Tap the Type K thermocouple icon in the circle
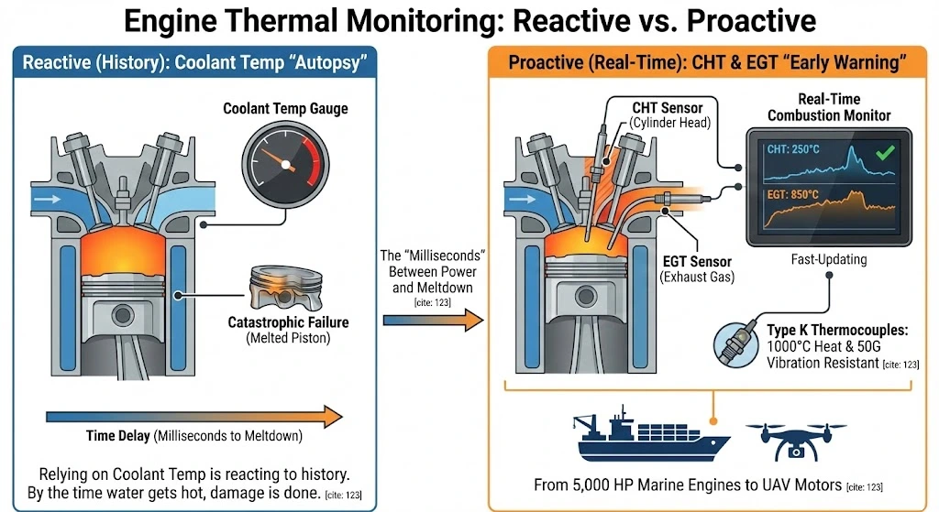coord(738,343)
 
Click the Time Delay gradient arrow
coord(193,417)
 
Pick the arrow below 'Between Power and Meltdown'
coord(431,320)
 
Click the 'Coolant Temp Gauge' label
coord(285,109)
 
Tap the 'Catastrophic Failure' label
coord(288,322)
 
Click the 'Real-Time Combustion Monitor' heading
coord(828,108)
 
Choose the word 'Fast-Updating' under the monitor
coord(828,259)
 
